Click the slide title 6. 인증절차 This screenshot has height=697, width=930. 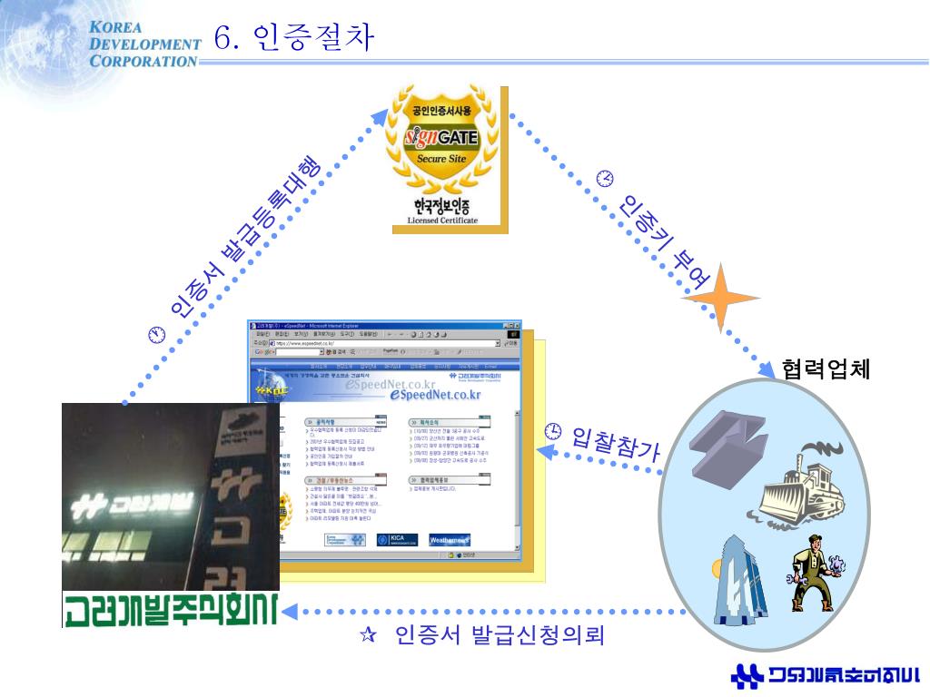293,38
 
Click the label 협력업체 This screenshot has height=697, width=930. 826,369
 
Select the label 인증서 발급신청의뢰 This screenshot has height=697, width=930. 500,634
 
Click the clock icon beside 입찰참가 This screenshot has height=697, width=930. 552,430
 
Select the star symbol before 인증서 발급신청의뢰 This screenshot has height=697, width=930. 369,635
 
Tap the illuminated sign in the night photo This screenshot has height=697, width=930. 136,500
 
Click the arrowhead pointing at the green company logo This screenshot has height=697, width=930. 290,611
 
